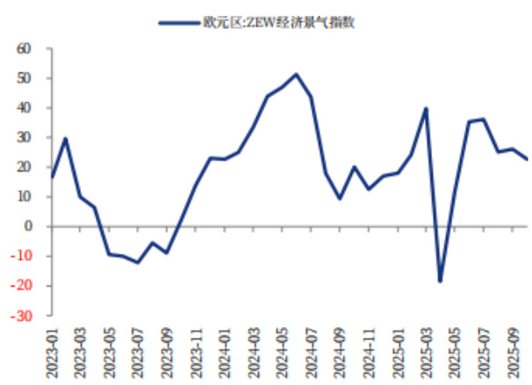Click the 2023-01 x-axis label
click(x=52, y=351)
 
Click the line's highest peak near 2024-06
click(x=296, y=74)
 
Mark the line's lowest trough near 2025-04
click(x=440, y=281)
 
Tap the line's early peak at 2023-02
click(x=66, y=138)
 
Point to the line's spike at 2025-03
click(x=426, y=109)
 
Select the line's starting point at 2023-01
click(x=52, y=178)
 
